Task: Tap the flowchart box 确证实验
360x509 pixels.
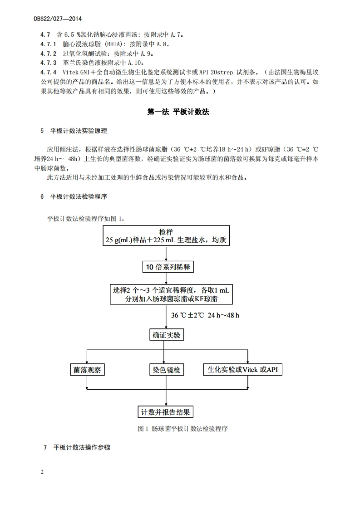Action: pyautogui.click(x=167, y=335)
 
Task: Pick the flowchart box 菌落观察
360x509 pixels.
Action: pyautogui.click(x=87, y=370)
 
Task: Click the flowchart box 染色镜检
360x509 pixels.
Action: pyautogui.click(x=167, y=370)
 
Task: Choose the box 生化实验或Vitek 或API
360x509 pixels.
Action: pyautogui.click(x=242, y=370)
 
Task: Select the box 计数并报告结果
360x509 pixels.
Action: pyautogui.click(x=167, y=412)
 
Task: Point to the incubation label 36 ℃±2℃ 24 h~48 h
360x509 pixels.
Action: pyautogui.click(x=205, y=315)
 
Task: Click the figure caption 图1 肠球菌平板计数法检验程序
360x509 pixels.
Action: pyautogui.click(x=182, y=428)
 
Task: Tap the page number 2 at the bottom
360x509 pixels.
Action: pyautogui.click(x=42, y=472)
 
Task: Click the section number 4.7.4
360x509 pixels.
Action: pyautogui.click(x=49, y=71)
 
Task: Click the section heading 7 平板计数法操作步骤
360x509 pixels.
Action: pyautogui.click(x=77, y=447)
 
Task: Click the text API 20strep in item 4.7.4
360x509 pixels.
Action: pyautogui.click(x=221, y=71)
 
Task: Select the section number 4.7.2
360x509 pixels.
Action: pyautogui.click(x=49, y=53)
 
